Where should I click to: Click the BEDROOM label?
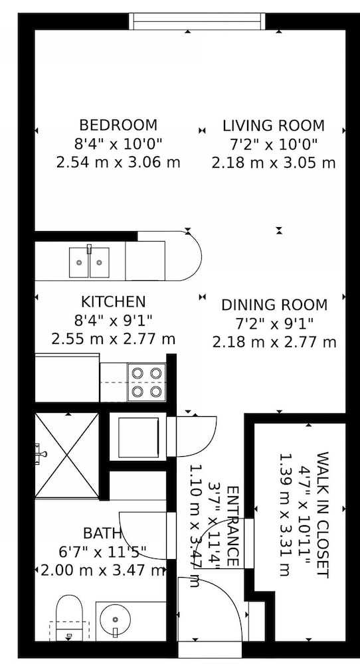pyautogui.click(x=118, y=125)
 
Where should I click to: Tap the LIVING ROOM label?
pyautogui.click(x=274, y=125)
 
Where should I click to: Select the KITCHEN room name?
pyautogui.click(x=113, y=302)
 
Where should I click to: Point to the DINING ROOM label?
pyautogui.click(x=274, y=305)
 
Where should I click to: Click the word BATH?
pyautogui.click(x=102, y=533)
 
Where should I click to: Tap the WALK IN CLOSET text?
pyautogui.click(x=322, y=515)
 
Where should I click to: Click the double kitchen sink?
pyautogui.click(x=89, y=262)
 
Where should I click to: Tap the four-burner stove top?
pyautogui.click(x=147, y=382)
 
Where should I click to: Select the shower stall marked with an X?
pyautogui.click(x=66, y=455)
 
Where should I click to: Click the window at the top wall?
pyautogui.click(x=197, y=21)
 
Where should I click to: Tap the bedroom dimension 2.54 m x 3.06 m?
pyautogui.click(x=118, y=162)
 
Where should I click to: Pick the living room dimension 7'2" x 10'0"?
pyautogui.click(x=274, y=144)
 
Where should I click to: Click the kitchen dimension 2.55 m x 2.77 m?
pyautogui.click(x=113, y=339)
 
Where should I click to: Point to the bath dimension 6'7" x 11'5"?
pyautogui.click(x=102, y=552)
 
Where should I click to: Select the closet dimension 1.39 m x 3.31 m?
pyautogui.click(x=284, y=515)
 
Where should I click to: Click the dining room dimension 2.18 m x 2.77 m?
pyautogui.click(x=274, y=342)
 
